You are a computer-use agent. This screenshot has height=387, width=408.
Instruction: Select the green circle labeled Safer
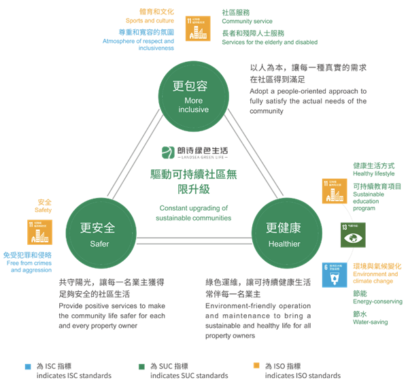click(x=97, y=235)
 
